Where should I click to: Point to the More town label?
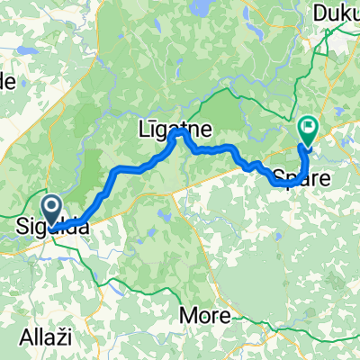[204, 316]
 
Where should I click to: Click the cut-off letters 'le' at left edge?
[7, 81]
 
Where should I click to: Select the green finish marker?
[308, 131]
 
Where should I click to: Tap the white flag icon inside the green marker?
[308, 128]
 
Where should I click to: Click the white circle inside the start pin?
[51, 207]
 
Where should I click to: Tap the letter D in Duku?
[320, 14]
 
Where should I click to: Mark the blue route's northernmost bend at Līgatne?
[180, 132]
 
